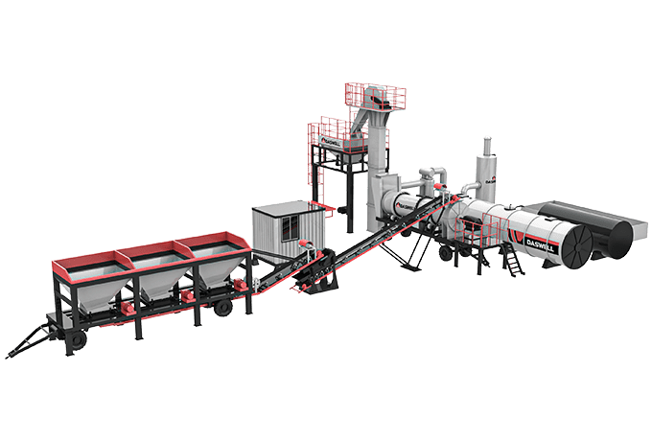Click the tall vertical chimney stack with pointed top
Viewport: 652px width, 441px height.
click(x=486, y=163)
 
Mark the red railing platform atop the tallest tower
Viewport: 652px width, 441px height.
click(x=375, y=96)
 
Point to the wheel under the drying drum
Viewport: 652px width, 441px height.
click(x=444, y=255)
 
